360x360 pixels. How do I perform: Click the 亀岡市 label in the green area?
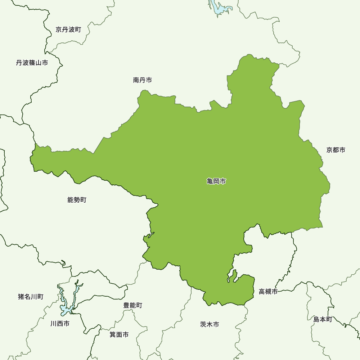[216, 181]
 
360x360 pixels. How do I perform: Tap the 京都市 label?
[336, 150]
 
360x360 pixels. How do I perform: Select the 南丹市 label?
[142, 80]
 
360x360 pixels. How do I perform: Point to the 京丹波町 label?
[68, 30]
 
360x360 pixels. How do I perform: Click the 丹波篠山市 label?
[32, 63]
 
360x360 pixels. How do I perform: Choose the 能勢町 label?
[77, 200]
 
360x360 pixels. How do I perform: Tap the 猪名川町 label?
[31, 297]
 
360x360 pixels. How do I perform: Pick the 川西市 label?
[60, 324]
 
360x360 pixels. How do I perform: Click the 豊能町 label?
[132, 305]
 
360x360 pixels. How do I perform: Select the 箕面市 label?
[119, 334]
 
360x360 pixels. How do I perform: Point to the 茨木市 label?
[209, 324]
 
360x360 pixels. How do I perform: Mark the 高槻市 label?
[268, 292]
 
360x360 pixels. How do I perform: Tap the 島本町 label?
[323, 319]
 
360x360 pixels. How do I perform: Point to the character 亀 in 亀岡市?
[210, 181]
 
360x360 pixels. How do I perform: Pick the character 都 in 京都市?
[336, 150]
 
